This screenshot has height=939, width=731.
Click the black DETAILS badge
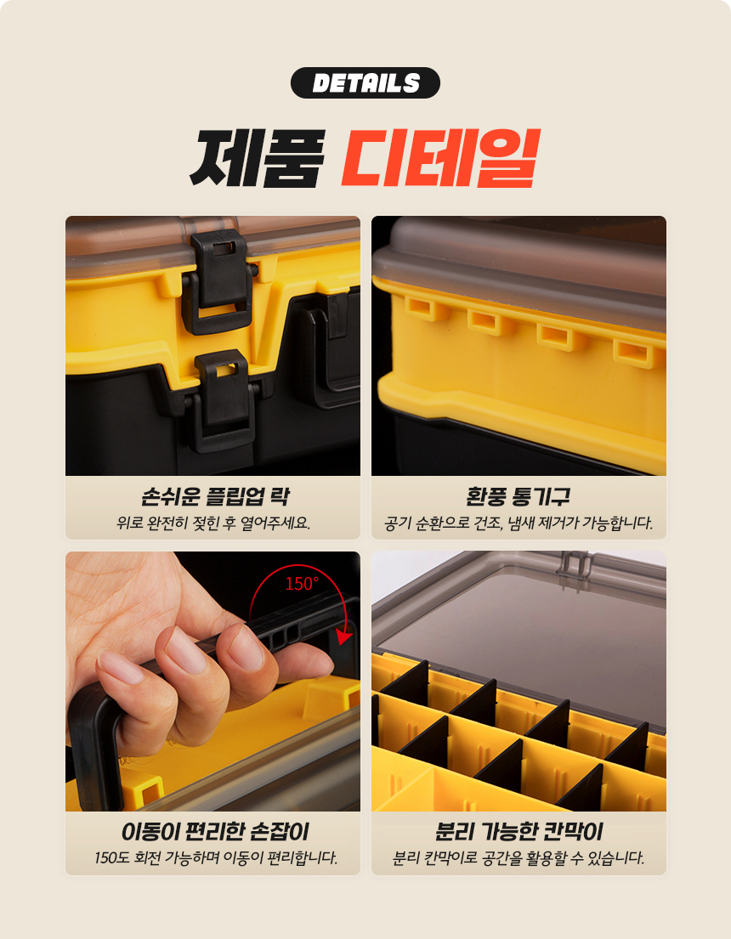click(365, 82)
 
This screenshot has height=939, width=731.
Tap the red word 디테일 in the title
click(440, 157)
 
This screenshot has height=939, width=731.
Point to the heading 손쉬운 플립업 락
click(215, 496)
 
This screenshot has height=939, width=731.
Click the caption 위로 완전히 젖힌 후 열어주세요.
click(213, 523)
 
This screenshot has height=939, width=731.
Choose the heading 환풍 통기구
click(518, 496)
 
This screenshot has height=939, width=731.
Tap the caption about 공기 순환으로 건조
click(518, 523)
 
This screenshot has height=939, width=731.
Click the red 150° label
click(302, 583)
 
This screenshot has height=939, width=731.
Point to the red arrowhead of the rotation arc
click(343, 636)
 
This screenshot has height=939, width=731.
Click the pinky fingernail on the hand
click(119, 666)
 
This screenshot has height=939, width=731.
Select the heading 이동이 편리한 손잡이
click(215, 831)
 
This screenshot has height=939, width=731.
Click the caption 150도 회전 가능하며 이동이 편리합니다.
click(216, 857)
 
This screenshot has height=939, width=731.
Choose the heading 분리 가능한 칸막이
click(518, 831)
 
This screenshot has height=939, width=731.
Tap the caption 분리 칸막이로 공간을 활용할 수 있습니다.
click(518, 857)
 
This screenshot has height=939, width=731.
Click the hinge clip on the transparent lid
click(574, 563)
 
